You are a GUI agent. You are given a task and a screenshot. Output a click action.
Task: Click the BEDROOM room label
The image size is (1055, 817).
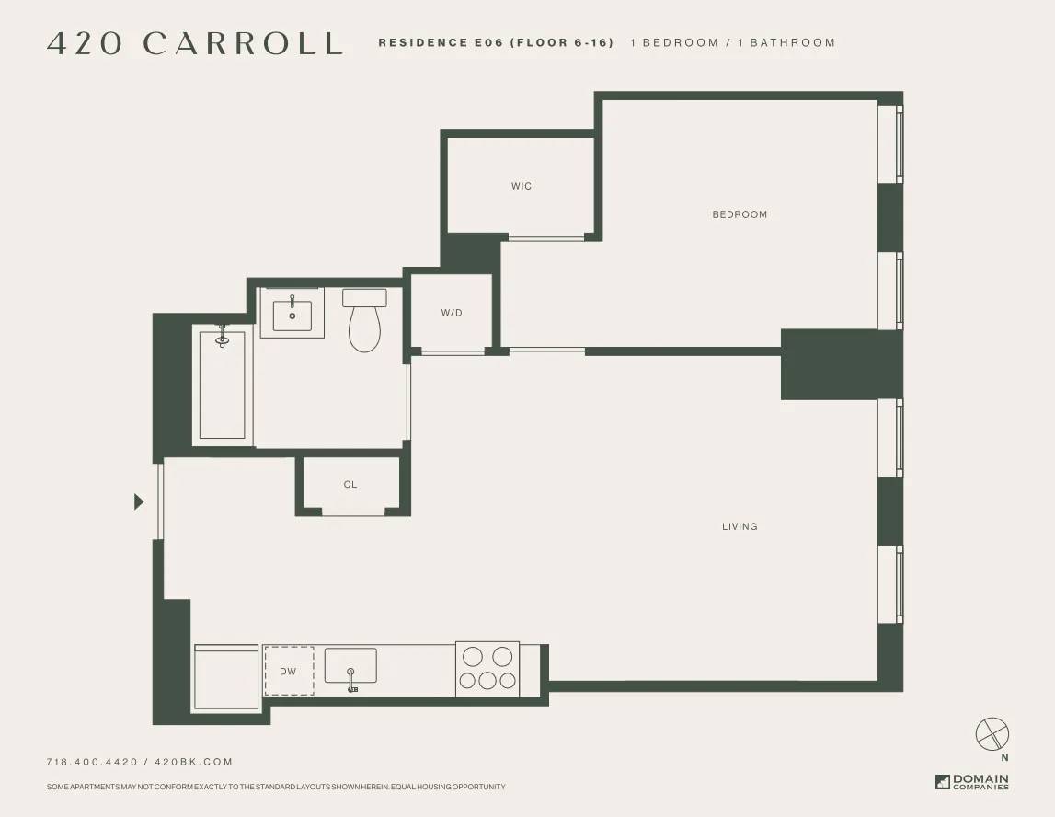pyautogui.click(x=740, y=214)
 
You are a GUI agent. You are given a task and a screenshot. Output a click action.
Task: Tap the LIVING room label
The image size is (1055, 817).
pyautogui.click(x=740, y=526)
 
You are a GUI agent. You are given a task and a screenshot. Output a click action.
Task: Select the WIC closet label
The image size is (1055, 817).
pyautogui.click(x=522, y=186)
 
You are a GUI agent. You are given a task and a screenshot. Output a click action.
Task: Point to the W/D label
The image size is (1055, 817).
pyautogui.click(x=452, y=313)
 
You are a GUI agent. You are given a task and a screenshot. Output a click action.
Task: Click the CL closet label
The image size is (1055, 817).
pyautogui.click(x=350, y=484)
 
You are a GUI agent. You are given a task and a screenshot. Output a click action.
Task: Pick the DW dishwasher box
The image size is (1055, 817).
pyautogui.click(x=289, y=671)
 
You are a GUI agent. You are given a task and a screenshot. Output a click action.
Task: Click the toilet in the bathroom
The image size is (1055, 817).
pyautogui.click(x=364, y=321)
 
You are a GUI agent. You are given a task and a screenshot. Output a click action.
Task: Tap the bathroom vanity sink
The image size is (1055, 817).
pyautogui.click(x=292, y=313)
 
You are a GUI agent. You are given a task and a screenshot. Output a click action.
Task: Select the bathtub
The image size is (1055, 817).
pyautogui.click(x=223, y=384)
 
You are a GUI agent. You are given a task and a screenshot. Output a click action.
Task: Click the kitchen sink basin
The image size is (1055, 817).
pyautogui.click(x=350, y=665)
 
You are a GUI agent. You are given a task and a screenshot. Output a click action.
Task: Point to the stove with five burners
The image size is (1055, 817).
pyautogui.click(x=487, y=669)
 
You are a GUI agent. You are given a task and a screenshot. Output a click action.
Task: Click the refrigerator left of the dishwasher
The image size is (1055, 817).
pyautogui.click(x=225, y=677)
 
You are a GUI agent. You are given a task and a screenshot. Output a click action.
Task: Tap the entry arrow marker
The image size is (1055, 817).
pyautogui.click(x=139, y=501)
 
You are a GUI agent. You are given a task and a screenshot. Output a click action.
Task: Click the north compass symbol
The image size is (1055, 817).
pyautogui.click(x=992, y=735)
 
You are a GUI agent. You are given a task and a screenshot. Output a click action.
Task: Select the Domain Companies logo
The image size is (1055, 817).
pyautogui.click(x=972, y=782)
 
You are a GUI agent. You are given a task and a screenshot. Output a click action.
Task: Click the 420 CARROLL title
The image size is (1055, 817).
pyautogui.click(x=195, y=43)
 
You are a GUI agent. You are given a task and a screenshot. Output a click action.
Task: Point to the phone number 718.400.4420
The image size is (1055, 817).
pyautogui.click(x=92, y=762)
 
